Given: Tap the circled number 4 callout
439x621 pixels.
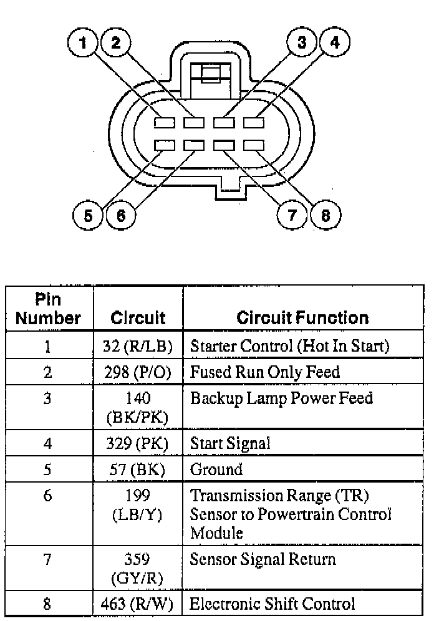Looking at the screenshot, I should [x=335, y=43].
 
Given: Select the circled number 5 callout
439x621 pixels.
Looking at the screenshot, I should [x=88, y=215].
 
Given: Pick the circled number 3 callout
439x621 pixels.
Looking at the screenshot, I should [x=302, y=43].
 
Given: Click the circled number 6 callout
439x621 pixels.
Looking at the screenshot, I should [x=120, y=215].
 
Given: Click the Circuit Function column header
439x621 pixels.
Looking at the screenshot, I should [x=302, y=318].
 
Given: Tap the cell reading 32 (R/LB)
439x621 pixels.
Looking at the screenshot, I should [x=137, y=346].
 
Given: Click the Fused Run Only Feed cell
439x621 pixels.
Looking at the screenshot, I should [x=265, y=372].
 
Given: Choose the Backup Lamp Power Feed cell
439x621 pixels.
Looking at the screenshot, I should [x=281, y=398].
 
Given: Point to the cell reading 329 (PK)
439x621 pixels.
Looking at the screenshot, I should [x=137, y=443].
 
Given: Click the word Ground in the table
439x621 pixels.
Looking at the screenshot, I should [x=216, y=469].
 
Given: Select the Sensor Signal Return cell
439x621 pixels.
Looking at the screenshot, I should [x=263, y=559].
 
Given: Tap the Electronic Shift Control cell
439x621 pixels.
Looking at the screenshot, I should [x=273, y=604].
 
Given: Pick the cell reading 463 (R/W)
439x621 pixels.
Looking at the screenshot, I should [x=137, y=604].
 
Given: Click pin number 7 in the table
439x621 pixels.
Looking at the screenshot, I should [x=47, y=559].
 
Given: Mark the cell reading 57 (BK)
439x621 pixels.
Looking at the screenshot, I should [x=137, y=469].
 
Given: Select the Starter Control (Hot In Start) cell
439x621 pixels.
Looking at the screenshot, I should [x=289, y=346].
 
